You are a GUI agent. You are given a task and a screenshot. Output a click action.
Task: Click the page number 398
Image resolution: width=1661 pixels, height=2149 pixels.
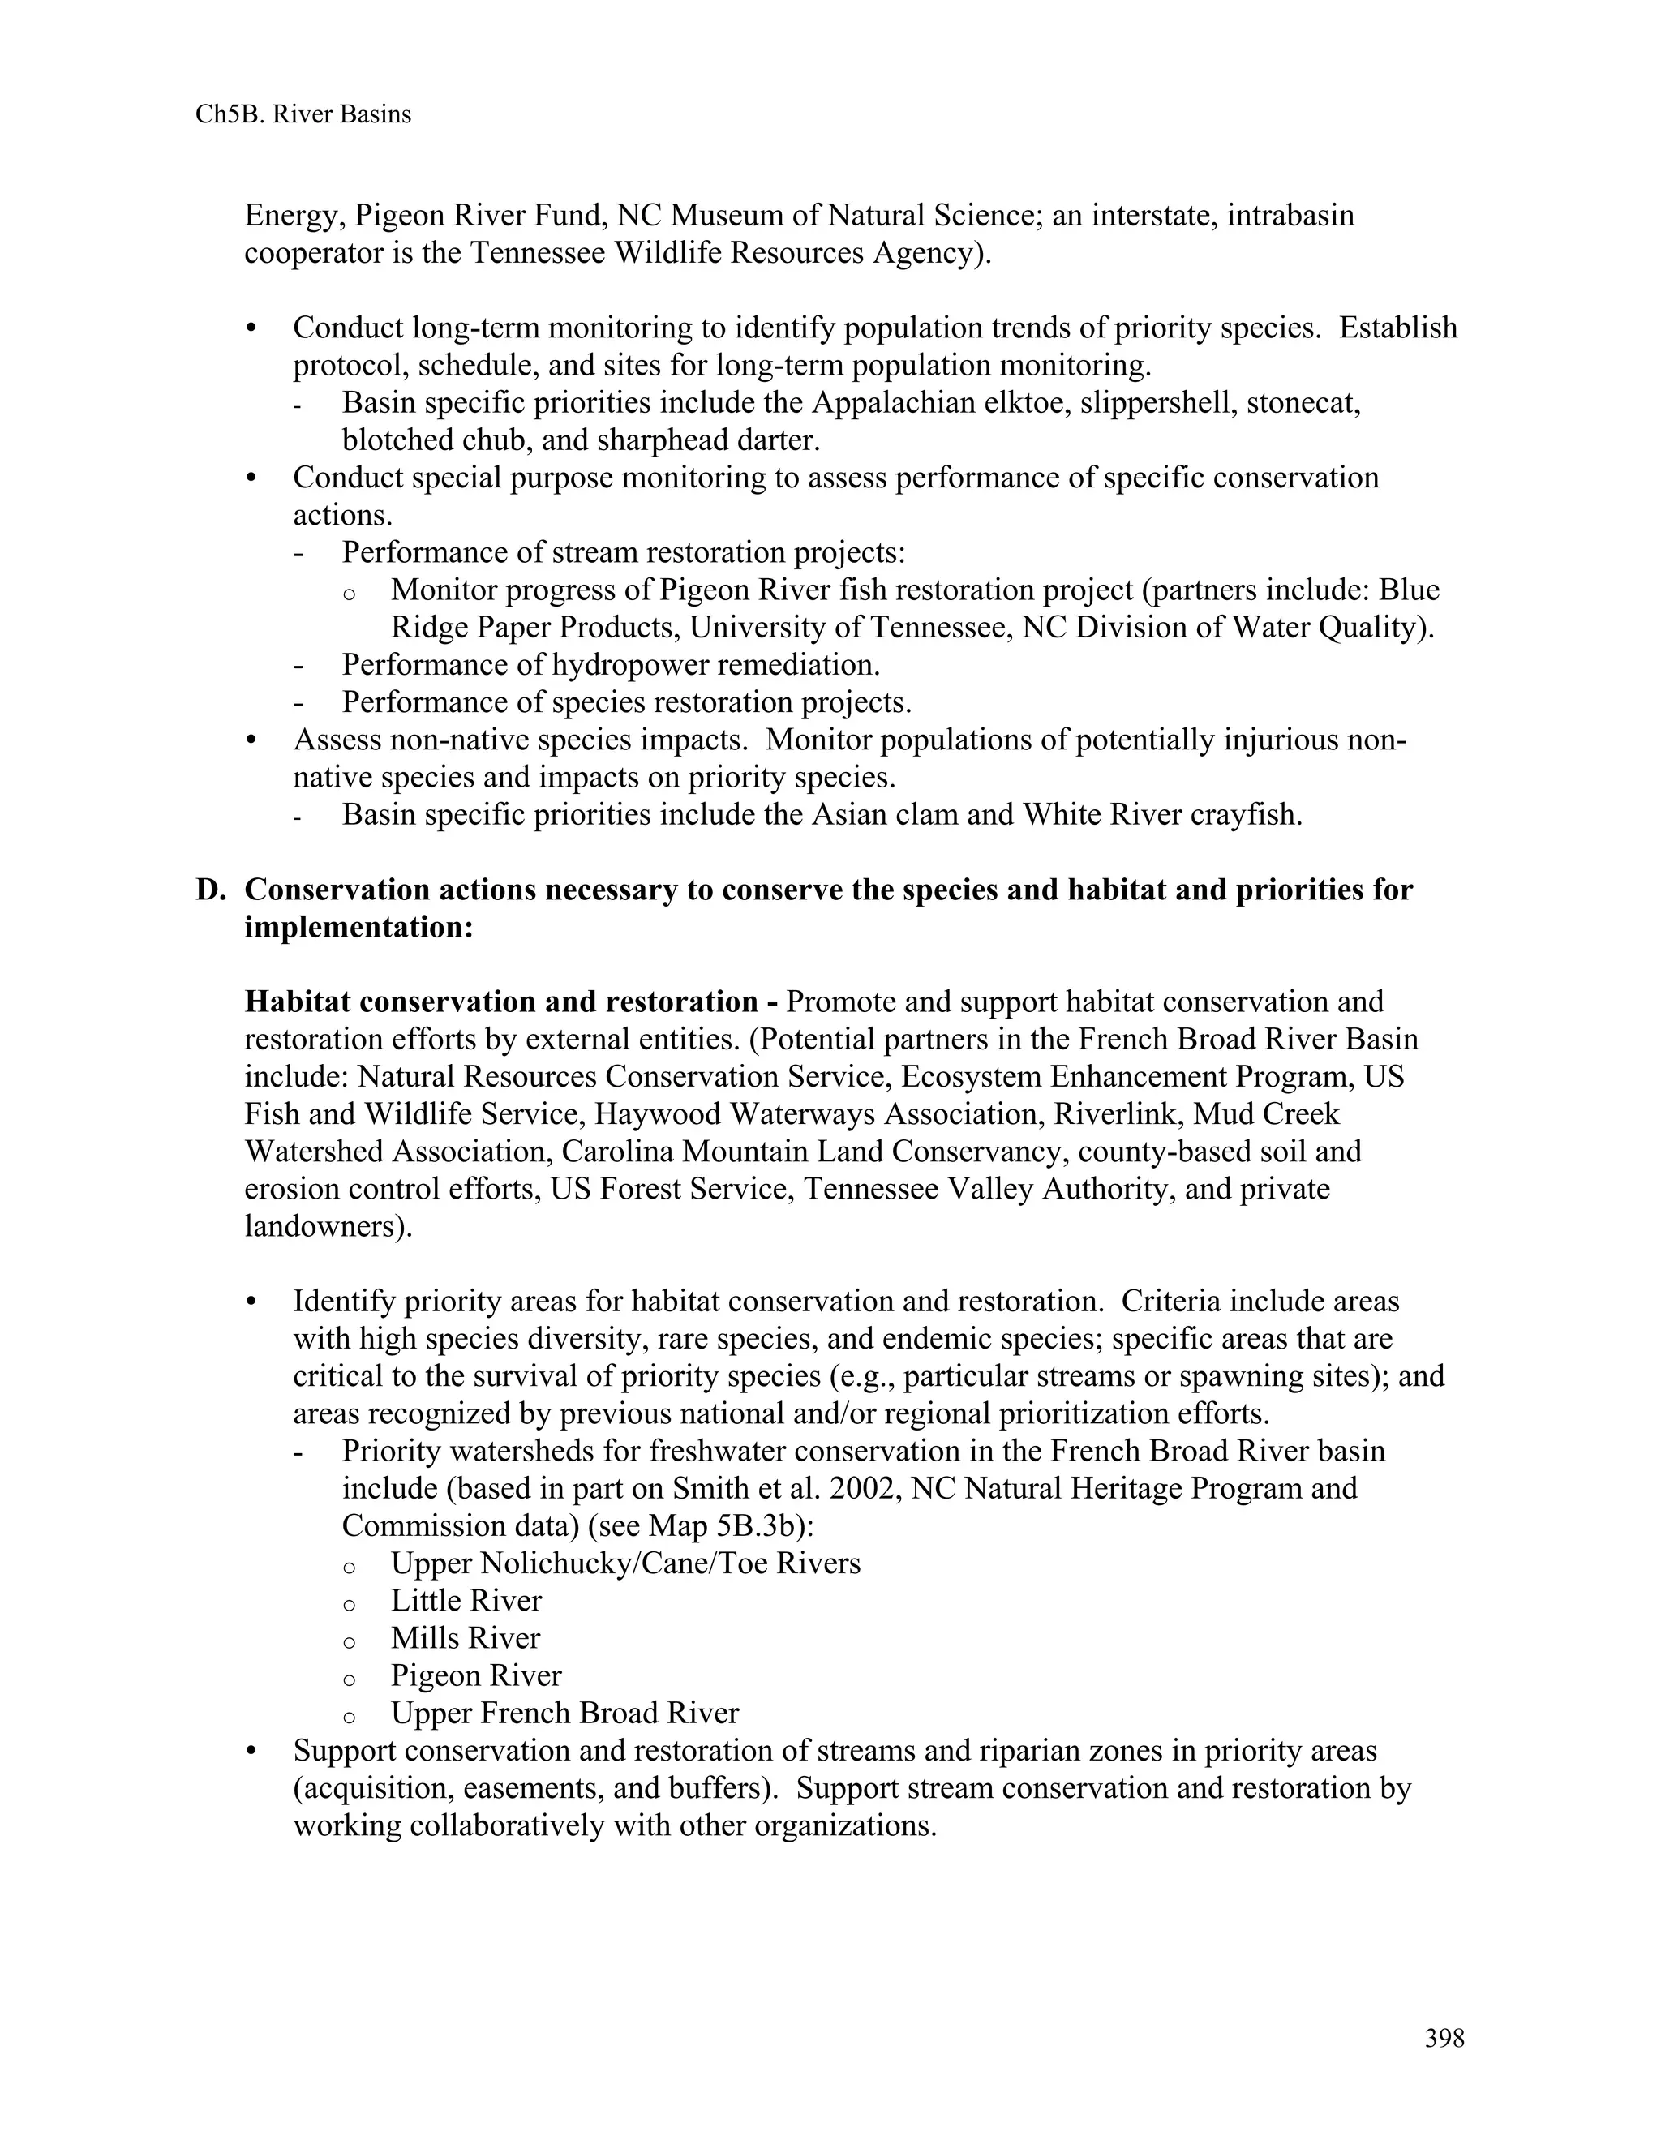1444,2038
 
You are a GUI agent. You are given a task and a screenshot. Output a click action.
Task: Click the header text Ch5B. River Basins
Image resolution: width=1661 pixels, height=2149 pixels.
303,115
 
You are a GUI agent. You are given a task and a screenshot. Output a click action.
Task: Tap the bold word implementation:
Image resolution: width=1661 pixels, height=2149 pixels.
359,928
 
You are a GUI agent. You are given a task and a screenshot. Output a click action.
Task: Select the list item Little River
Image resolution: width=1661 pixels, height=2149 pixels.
466,1601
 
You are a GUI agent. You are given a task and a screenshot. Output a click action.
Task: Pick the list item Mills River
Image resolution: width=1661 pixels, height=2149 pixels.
465,1638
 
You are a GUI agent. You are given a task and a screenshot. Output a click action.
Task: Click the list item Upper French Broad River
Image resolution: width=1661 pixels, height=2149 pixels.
564,1713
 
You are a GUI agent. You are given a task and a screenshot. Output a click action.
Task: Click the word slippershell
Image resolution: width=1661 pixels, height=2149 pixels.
1157,403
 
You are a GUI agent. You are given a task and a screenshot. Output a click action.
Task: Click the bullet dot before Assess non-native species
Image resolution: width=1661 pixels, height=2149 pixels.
252,740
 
